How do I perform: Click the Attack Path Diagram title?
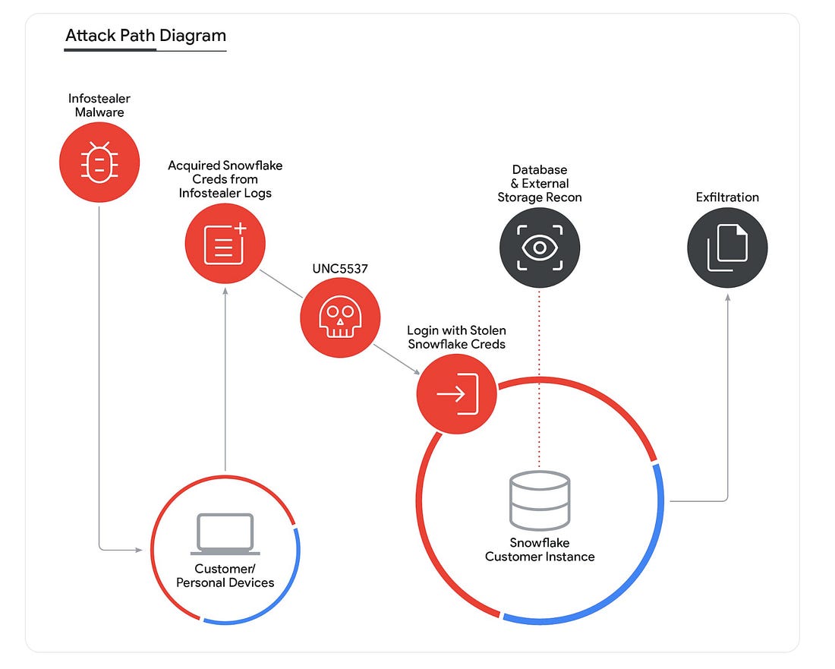coord(146,36)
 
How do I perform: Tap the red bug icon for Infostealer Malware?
coord(99,162)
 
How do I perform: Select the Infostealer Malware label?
coord(99,106)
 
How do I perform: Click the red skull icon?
coord(339,317)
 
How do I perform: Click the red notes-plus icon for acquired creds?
coord(225,243)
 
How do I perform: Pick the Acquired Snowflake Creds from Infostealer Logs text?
coord(225,179)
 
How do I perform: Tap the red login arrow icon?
coord(456,393)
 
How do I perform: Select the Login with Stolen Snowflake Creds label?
coord(456,337)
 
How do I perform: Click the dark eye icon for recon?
coord(539,248)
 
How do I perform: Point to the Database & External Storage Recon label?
coord(540,183)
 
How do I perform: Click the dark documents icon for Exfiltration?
coord(727,248)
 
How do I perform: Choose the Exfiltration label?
coord(727,197)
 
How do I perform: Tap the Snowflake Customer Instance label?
coord(540,550)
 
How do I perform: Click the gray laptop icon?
coord(225,535)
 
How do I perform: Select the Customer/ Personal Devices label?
coord(225,576)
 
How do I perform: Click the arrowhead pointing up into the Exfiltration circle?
coord(728,298)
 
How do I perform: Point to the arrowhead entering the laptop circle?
coord(140,549)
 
